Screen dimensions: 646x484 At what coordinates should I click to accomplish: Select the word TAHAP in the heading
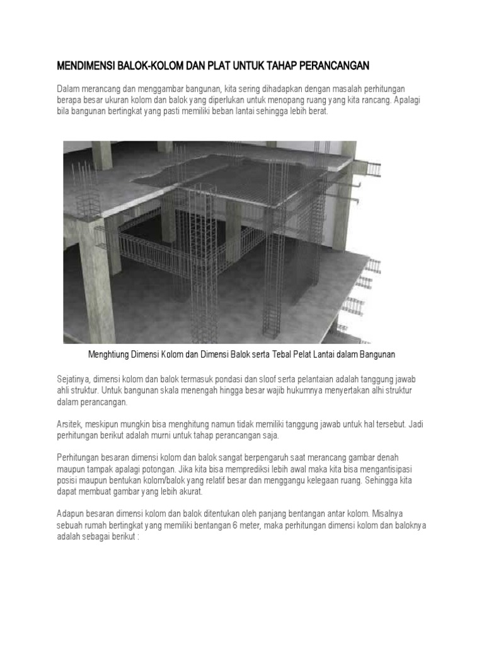coord(272,66)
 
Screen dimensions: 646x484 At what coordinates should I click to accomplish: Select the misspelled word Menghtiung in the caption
coord(112,355)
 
